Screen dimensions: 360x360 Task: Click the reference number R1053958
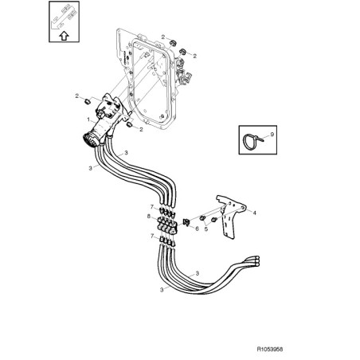[270, 349]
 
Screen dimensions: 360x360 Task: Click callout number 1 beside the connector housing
[88, 119]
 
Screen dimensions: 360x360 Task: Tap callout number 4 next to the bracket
[254, 213]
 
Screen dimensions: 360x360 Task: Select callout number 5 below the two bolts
[206, 229]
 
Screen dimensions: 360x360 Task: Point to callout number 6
[197, 229]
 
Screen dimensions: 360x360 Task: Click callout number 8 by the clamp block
[149, 217]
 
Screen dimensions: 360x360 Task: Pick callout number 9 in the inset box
[272, 135]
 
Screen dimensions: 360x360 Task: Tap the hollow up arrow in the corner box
[64, 36]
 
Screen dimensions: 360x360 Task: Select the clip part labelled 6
[186, 222]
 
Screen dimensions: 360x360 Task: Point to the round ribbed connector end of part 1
[88, 140]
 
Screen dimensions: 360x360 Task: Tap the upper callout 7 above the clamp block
[152, 206]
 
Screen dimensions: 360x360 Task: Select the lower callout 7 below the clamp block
[152, 236]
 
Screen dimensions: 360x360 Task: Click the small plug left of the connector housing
[88, 101]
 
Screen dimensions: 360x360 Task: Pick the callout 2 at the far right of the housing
[195, 56]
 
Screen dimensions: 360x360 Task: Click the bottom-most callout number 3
[162, 290]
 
